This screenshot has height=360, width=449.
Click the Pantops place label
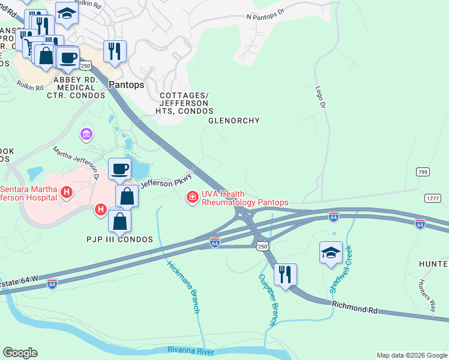pos(127,85)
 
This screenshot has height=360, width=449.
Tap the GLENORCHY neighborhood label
pos(234,121)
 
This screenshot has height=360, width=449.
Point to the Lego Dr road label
pos(320,97)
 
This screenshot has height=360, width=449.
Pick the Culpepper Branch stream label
pos(267,300)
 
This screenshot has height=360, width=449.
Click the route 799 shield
pos(423,172)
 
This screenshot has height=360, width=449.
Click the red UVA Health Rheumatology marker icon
pos(193,197)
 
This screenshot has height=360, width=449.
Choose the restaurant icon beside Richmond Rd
pos(285,274)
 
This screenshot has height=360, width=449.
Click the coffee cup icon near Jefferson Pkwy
pos(119,169)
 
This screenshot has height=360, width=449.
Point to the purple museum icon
pos(87,133)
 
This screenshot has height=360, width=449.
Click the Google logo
pos(20,353)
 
